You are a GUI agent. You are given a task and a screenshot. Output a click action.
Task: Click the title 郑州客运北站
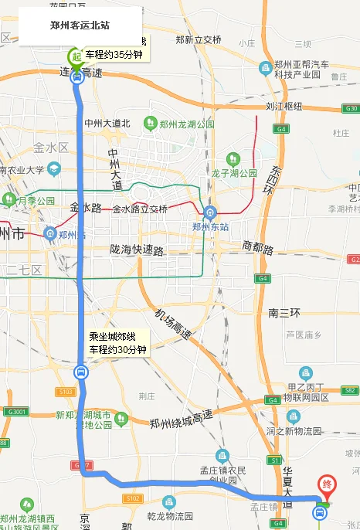pos(80,25)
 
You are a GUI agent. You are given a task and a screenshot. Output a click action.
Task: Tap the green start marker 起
pos(75,55)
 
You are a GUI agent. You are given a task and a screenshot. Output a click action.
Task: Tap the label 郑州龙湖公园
pos(188,124)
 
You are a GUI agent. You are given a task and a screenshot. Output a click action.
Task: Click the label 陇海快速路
pos(137,250)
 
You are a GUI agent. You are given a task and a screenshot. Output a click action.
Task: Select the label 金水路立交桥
pos(140,209)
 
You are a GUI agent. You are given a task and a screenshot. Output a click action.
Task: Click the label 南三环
pos(284,313)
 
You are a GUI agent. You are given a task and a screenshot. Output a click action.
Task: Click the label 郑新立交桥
pos(199,40)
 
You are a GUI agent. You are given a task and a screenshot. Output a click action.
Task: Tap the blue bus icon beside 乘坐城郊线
pos(80,372)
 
